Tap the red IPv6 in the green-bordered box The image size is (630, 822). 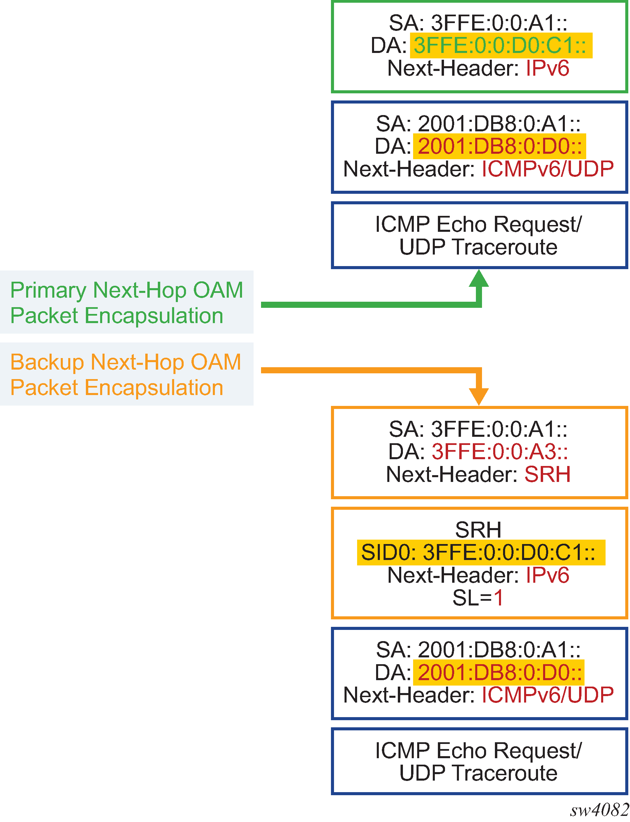[547, 69]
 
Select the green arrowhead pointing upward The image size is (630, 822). [479, 278]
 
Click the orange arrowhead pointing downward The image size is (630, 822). [479, 396]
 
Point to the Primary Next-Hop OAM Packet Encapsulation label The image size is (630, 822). [126, 302]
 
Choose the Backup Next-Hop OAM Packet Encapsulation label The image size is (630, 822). [126, 374]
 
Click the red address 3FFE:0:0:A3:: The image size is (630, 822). [500, 451]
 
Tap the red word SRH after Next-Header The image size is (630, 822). [547, 474]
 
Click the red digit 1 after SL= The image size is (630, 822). [498, 598]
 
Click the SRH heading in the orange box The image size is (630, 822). [478, 530]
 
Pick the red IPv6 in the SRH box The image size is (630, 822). [547, 575]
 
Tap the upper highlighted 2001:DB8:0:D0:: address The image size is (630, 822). [500, 146]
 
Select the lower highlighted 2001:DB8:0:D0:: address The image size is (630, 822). [500, 672]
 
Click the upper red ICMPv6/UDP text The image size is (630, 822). [547, 169]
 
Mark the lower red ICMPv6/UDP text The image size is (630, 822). [547, 695]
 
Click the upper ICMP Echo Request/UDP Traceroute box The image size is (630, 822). [479, 236]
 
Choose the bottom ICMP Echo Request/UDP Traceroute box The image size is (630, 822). [479, 762]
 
